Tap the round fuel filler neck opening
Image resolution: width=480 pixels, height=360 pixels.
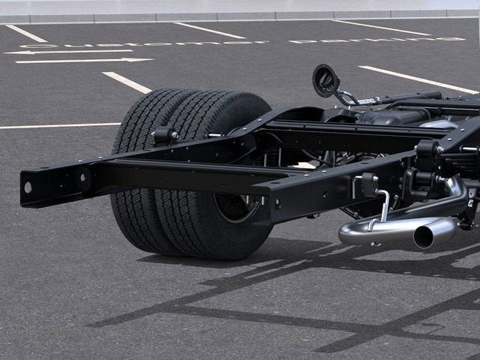325,80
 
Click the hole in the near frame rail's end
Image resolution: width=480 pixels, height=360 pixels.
28,187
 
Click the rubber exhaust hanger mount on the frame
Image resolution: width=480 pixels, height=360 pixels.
369,184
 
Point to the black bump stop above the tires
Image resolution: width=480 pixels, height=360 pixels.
163,136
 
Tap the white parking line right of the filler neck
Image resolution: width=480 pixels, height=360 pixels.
415,78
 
